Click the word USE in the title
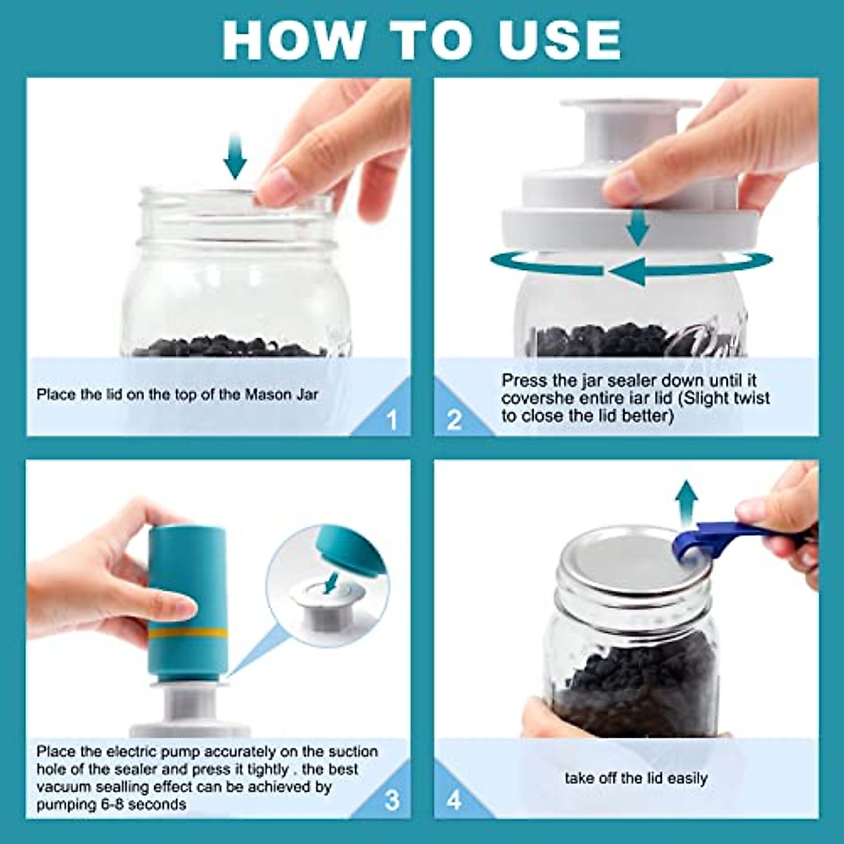tap(560, 40)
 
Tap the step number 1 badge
tap(392, 420)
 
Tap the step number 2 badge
tap(454, 420)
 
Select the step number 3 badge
tap(392, 800)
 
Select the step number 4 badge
tap(454, 800)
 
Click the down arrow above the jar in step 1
tap(235, 156)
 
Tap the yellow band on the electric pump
tap(188, 633)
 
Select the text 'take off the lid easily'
tap(636, 779)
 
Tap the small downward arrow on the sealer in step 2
tap(638, 226)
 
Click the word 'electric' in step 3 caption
tap(124, 752)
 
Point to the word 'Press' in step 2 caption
tap(524, 381)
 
